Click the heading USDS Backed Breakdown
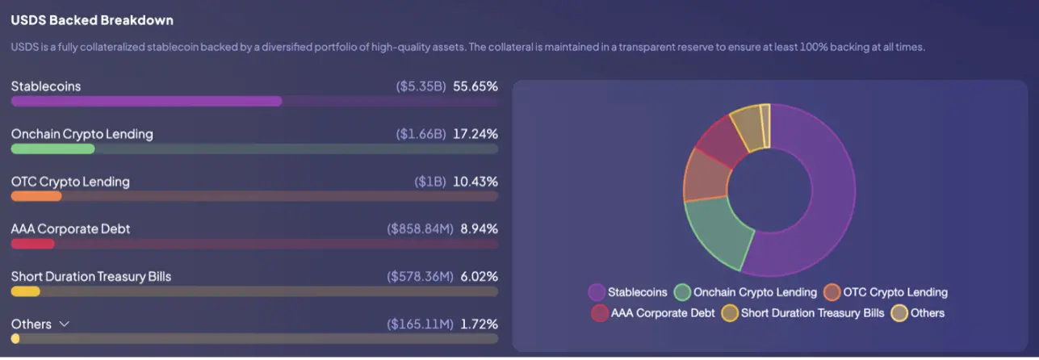click(92, 20)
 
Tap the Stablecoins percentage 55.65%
click(476, 86)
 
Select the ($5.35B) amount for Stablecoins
click(421, 86)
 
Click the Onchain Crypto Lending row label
click(82, 134)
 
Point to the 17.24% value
click(476, 134)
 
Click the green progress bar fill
click(52, 149)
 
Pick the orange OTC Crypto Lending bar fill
click(36, 196)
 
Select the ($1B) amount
click(430, 182)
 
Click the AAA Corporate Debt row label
click(70, 229)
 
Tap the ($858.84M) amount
click(419, 229)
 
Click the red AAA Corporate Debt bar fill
click(32, 244)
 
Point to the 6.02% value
click(479, 277)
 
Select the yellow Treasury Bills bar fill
click(25, 291)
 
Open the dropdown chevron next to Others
click(65, 324)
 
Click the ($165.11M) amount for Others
click(420, 324)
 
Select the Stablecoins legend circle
click(597, 292)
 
